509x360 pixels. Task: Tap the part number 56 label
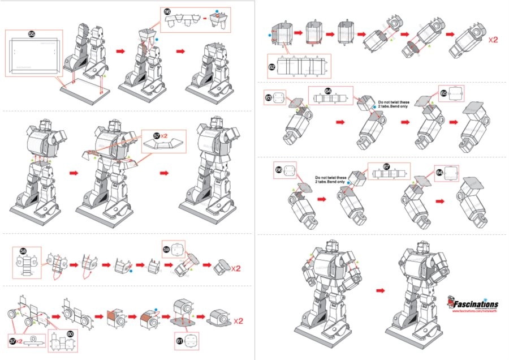[x=167, y=12]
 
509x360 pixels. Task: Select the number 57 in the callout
[x=157, y=136]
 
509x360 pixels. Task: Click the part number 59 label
[x=167, y=248]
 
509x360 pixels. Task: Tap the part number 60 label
[x=70, y=333]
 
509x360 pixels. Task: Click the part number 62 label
[x=272, y=67]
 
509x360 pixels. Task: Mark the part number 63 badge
[x=269, y=97]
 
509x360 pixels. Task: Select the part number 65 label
[x=443, y=93]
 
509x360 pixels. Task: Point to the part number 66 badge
[x=279, y=169]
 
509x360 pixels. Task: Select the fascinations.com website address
[x=475, y=310]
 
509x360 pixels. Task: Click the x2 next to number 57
[x=165, y=136]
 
